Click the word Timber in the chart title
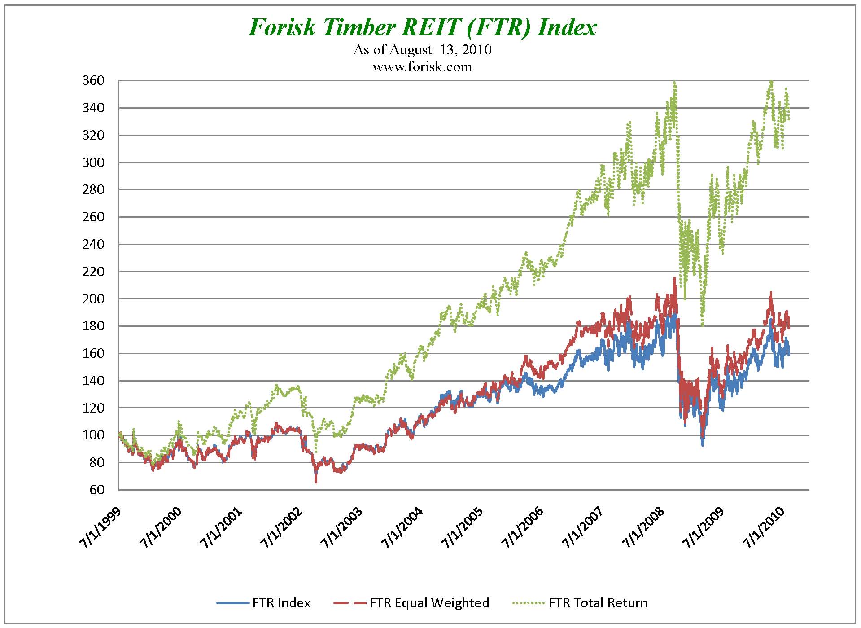point(358,27)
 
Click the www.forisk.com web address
point(422,67)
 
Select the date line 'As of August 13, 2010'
point(422,49)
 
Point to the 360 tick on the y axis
point(93,81)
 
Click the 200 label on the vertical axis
point(93,299)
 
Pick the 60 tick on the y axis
point(96,490)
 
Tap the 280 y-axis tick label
point(93,190)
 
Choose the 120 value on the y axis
point(93,408)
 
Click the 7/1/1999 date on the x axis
point(101,527)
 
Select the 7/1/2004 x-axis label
point(402,527)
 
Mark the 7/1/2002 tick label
point(282,527)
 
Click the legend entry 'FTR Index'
point(281,603)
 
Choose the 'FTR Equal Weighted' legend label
point(429,603)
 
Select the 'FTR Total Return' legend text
point(598,603)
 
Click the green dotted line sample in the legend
point(529,603)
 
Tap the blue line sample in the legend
point(232,603)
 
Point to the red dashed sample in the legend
point(350,603)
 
